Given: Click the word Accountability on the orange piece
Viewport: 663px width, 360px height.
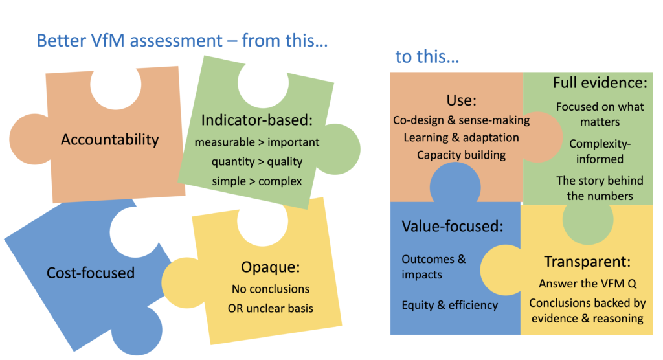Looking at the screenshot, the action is (x=110, y=140).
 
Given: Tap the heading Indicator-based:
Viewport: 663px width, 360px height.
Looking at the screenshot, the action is (x=257, y=120).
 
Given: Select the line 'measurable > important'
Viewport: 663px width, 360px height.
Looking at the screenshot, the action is (x=257, y=142).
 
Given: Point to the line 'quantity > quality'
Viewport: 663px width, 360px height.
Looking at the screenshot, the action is (x=257, y=162).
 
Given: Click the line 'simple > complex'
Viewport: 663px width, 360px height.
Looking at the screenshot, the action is (x=257, y=181).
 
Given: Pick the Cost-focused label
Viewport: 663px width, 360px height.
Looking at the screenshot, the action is (x=91, y=273).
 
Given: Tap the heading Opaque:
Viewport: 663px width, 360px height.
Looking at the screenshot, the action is (x=271, y=267).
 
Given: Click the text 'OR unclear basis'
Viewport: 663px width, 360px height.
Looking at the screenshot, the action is (x=271, y=308).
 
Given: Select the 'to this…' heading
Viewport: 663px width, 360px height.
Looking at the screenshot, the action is (x=427, y=56).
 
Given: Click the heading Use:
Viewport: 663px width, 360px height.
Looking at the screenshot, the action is (x=461, y=100).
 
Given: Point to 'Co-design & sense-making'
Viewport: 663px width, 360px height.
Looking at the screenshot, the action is (x=461, y=120).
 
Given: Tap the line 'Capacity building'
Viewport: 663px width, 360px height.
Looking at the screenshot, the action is (x=461, y=155).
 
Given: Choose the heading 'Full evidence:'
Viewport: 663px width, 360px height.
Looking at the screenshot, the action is (x=600, y=82).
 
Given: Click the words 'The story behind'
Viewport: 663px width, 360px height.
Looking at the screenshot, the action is (x=600, y=181).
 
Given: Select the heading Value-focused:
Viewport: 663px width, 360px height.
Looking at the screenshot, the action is (x=453, y=227).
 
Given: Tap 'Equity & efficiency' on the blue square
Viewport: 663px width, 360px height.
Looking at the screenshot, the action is (x=450, y=305).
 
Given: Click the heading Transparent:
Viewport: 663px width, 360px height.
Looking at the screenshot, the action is (x=587, y=262).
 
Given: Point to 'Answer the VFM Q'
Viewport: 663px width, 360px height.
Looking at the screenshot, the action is (x=587, y=284).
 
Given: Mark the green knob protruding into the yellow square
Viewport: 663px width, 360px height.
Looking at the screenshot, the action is (x=588, y=222).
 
